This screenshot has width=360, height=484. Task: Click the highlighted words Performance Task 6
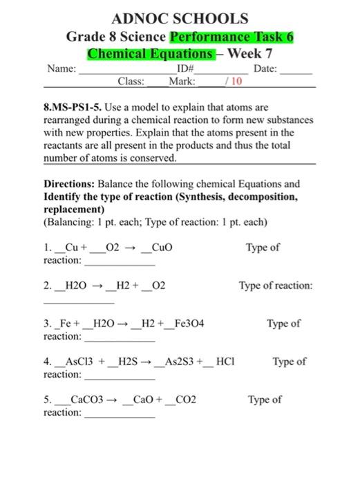click(232, 36)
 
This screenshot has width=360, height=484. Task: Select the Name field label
click(61, 69)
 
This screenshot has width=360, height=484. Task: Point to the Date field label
click(265, 69)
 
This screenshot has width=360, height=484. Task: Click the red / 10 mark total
click(234, 82)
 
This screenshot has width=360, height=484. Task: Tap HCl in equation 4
click(225, 362)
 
